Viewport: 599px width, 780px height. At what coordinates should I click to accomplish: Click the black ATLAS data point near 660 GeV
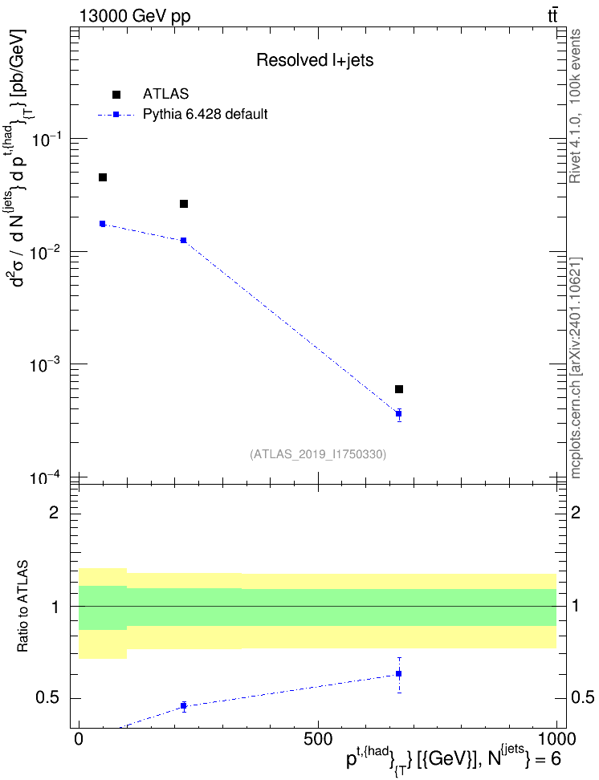(x=399, y=389)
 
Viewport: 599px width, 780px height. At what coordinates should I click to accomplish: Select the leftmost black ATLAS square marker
(x=103, y=177)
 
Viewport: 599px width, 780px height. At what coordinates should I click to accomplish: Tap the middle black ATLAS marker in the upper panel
(x=184, y=204)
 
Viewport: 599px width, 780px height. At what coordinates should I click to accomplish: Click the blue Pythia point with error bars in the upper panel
(x=399, y=414)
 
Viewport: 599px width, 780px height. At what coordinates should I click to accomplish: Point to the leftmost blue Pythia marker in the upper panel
(x=103, y=224)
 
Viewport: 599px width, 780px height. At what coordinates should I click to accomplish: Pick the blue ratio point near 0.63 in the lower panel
(x=399, y=674)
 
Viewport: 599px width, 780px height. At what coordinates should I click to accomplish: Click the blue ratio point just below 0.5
(x=184, y=705)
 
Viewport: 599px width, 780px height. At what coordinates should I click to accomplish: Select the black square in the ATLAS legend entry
(x=116, y=95)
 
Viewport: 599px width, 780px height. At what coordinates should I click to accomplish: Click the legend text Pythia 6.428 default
(x=205, y=115)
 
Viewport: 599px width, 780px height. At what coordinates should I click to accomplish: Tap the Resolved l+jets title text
(x=315, y=60)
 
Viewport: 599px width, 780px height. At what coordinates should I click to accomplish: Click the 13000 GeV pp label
(x=134, y=17)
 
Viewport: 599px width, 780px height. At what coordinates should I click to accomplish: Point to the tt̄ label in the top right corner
(x=552, y=16)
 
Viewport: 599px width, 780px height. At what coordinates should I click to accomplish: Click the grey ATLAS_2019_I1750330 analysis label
(x=318, y=454)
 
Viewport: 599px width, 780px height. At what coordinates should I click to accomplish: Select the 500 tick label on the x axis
(x=318, y=739)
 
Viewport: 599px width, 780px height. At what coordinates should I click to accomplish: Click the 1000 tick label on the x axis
(x=556, y=739)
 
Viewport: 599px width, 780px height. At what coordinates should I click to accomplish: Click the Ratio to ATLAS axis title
(x=22, y=607)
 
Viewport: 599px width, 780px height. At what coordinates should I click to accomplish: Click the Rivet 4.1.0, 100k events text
(x=575, y=106)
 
